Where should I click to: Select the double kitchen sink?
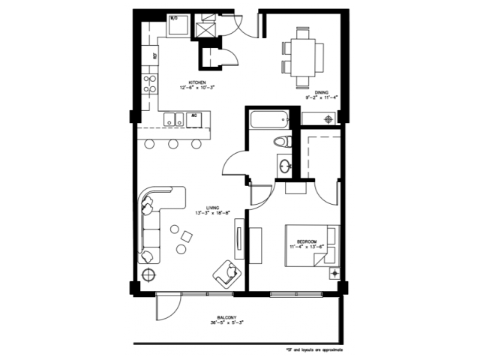[x=175, y=118]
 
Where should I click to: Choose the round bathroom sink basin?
[x=285, y=166]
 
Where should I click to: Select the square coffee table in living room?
[x=184, y=238]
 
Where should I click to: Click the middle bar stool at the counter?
[x=173, y=143]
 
